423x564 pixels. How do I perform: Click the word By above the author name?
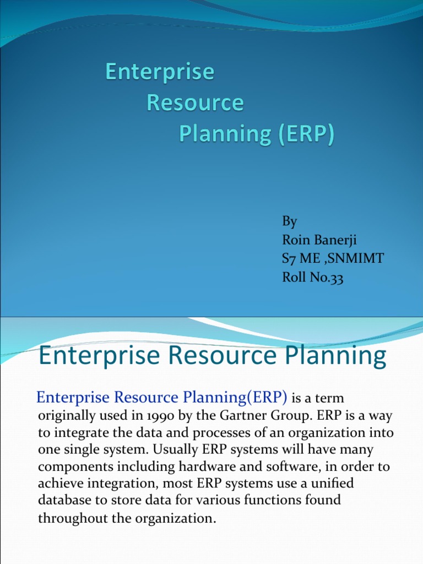(290, 221)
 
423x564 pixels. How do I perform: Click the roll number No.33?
(325, 279)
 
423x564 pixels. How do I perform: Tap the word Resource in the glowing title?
(195, 104)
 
